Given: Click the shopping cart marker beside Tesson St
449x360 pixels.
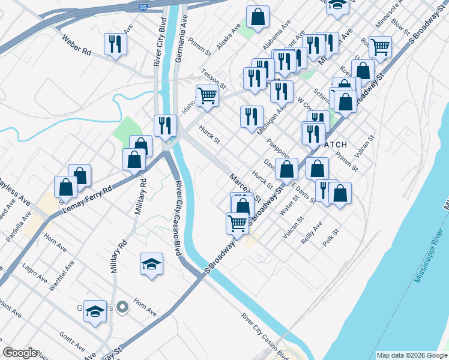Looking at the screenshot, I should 207,95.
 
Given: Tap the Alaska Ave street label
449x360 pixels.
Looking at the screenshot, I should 228,37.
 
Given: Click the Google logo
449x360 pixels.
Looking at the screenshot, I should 20,353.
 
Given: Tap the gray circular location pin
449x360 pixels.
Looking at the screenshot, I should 122,308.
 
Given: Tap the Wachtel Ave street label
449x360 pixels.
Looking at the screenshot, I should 61,275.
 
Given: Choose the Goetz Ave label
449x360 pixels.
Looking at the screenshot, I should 72,341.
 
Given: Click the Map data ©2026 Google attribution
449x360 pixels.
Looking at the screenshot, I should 412,355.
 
